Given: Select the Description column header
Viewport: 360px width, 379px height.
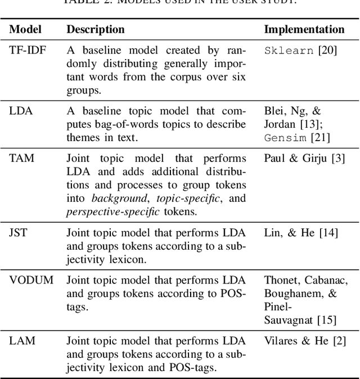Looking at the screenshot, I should click(x=96, y=29).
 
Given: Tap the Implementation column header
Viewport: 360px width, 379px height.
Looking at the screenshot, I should click(x=304, y=29).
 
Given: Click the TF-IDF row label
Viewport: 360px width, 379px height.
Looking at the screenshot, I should click(x=28, y=50).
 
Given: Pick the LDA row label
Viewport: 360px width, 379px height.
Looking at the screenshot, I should click(x=21, y=111).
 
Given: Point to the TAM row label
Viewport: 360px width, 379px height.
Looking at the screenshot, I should click(x=22, y=158).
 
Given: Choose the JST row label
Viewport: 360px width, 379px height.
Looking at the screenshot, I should click(x=20, y=232).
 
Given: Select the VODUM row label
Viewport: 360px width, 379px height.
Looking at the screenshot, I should click(x=31, y=279).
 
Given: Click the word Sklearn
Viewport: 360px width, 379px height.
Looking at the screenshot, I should click(x=289, y=51).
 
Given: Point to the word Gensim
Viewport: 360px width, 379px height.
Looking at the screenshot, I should click(x=285, y=138).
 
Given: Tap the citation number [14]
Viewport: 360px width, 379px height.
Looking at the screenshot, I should click(x=326, y=232).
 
